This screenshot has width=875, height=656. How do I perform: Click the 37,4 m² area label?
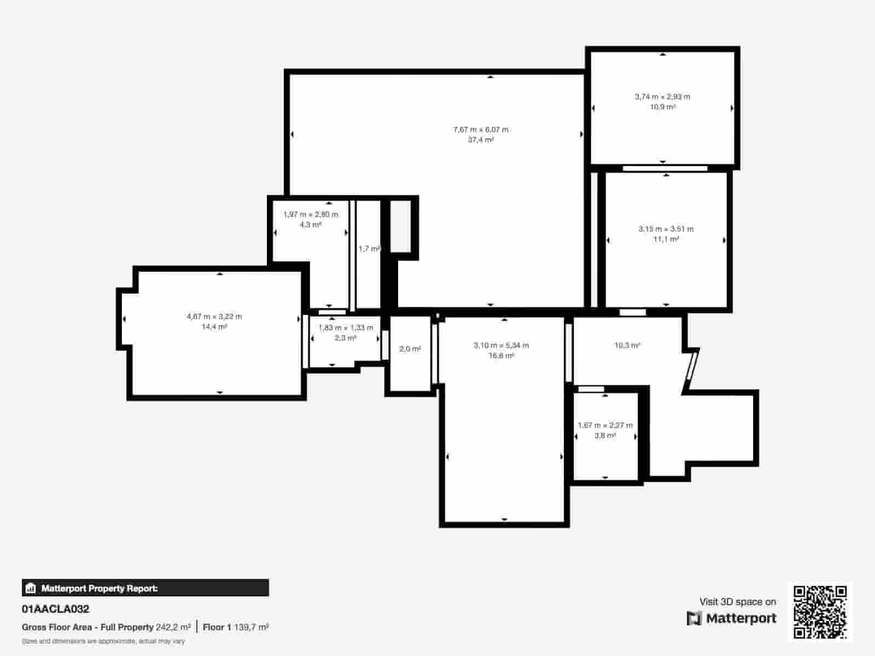pos(481,140)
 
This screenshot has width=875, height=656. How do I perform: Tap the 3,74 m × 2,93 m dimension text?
pos(662,97)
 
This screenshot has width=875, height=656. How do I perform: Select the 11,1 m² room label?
pos(666,239)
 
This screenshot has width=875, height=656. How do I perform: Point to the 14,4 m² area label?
pos(214,327)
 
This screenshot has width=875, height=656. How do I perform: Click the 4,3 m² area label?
pos(311,225)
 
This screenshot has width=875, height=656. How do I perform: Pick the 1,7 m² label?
pos(369,249)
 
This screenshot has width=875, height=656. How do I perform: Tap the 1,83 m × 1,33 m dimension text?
pos(346,328)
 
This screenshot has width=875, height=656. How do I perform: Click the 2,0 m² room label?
pos(410,349)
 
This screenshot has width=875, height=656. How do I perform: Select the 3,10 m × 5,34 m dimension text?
pos(501,345)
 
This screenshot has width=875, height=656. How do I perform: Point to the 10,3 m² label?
pos(627,345)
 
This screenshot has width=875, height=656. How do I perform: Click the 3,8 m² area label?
pos(605,436)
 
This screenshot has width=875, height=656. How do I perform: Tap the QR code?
pos(820,612)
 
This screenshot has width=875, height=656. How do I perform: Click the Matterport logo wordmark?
pos(732,618)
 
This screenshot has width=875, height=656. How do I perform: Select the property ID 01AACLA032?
pos(55,609)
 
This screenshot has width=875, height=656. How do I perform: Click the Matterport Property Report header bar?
pos(145,588)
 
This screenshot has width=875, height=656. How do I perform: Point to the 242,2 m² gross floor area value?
pos(173,627)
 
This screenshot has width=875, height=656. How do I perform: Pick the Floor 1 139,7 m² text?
pos(236,627)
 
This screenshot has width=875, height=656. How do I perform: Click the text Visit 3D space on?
pos(737,602)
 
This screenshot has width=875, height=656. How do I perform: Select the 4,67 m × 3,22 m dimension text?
pos(214,317)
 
